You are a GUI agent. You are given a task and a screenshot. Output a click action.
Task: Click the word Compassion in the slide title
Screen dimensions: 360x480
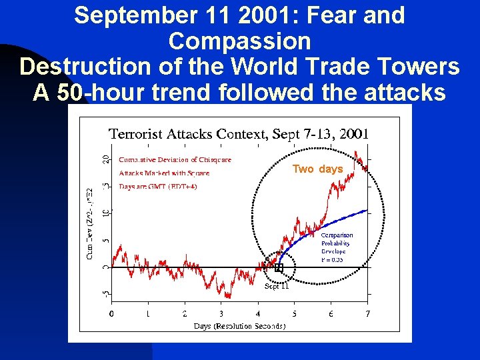(239, 41)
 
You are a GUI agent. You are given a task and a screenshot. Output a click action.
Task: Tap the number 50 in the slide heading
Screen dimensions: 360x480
(69, 93)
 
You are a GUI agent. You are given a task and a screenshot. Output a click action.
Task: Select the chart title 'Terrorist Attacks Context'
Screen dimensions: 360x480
(187, 134)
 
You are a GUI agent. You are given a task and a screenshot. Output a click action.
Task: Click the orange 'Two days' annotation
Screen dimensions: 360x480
(317, 169)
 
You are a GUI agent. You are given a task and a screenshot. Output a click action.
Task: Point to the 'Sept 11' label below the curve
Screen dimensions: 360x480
(277, 287)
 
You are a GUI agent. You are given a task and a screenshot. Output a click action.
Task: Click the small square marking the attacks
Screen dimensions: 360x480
(279, 267)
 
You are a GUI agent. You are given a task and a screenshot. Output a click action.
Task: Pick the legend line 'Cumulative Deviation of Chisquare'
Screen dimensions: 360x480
(175, 159)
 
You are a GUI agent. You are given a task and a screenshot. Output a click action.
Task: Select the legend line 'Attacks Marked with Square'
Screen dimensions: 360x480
(164, 173)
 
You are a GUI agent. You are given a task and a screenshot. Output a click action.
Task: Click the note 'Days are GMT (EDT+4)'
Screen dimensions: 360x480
(158, 186)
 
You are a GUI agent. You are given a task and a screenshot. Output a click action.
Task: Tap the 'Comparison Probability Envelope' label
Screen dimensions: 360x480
(337, 247)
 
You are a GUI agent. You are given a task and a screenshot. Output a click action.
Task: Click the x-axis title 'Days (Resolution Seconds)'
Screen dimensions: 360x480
(239, 326)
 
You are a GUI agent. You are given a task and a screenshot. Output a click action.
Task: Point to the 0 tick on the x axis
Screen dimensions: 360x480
(111, 314)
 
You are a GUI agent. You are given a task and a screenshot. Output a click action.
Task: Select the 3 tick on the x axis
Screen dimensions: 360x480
(221, 314)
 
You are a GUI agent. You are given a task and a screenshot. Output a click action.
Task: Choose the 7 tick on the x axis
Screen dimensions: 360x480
(367, 314)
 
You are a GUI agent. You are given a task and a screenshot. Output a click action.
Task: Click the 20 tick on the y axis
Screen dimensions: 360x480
(105, 160)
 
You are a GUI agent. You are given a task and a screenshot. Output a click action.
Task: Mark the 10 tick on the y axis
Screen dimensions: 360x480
(105, 214)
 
